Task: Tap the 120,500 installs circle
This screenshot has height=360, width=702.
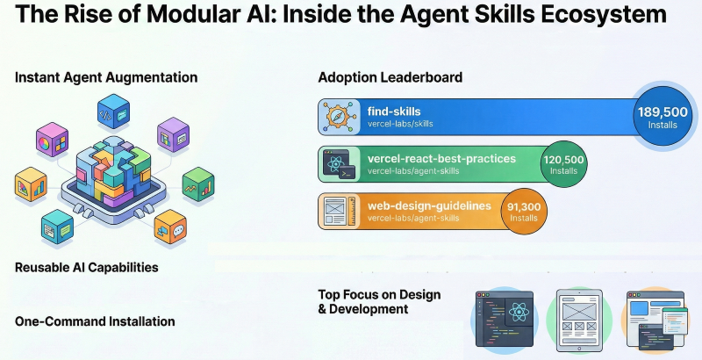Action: tap(563, 164)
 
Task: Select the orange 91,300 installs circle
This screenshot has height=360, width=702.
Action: tap(523, 212)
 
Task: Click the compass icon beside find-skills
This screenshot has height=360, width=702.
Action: tap(339, 117)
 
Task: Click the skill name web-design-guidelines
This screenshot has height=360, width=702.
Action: tap(429, 205)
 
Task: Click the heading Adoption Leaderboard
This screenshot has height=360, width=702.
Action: tap(390, 78)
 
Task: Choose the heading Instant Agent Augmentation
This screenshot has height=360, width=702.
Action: tap(106, 78)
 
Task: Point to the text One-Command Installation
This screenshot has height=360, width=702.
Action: tap(95, 321)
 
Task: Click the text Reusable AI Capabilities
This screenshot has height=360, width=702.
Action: tap(87, 267)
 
